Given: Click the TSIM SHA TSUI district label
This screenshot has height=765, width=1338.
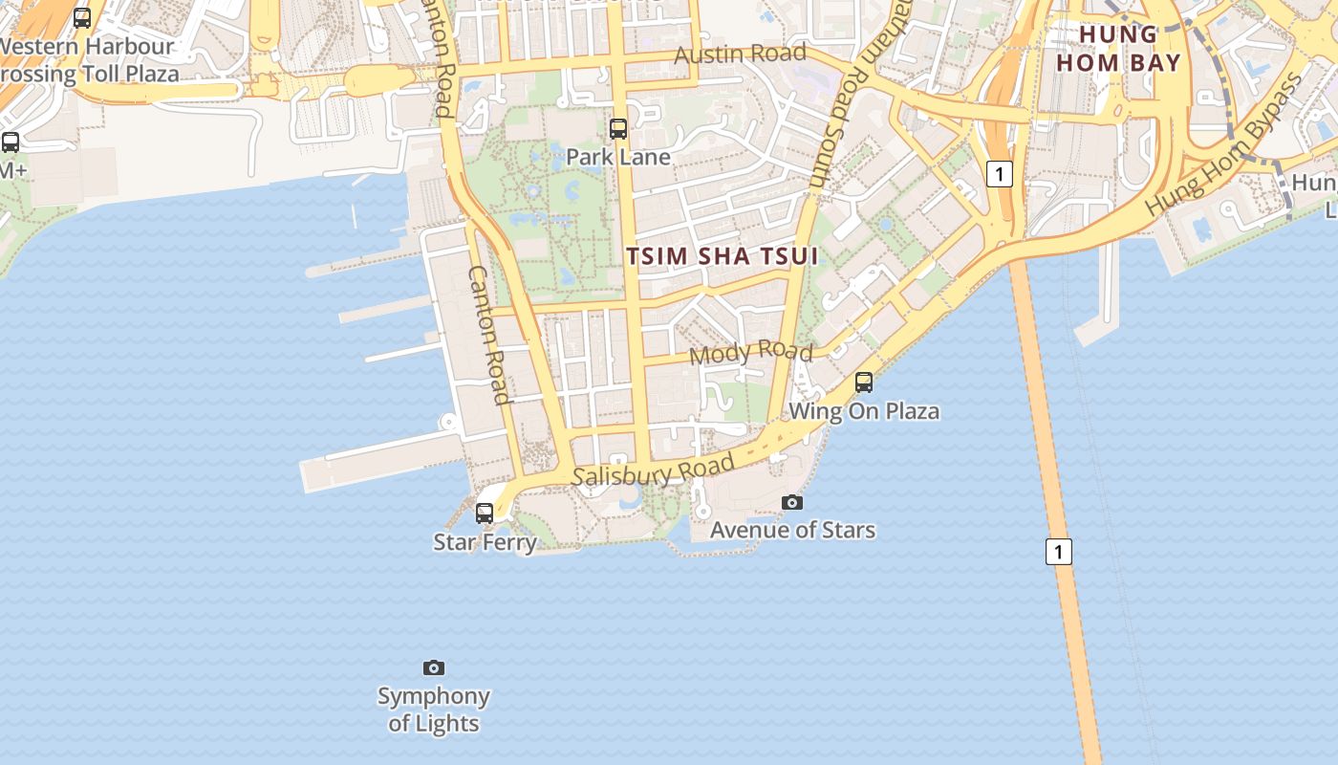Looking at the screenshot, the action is pyautogui.click(x=723, y=256).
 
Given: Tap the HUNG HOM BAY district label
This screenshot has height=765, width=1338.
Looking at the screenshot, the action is pyautogui.click(x=1131, y=49).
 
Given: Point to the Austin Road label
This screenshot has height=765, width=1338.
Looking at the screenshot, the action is pyautogui.click(x=740, y=54).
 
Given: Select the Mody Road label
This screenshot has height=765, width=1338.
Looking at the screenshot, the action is pyautogui.click(x=750, y=352).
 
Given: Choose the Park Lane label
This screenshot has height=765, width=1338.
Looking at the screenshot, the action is pyautogui.click(x=618, y=157).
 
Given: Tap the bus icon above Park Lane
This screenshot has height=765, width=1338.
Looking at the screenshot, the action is pyautogui.click(x=618, y=128).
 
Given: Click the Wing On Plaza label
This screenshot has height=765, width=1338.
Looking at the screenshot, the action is pyautogui.click(x=864, y=411).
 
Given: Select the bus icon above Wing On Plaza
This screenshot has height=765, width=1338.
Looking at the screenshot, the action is pyautogui.click(x=864, y=382).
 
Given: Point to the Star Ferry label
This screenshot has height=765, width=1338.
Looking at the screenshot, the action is pyautogui.click(x=485, y=542).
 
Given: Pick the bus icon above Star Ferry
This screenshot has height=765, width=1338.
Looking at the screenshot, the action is pyautogui.click(x=485, y=514).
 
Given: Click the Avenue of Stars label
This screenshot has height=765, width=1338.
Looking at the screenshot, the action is pyautogui.click(x=792, y=530).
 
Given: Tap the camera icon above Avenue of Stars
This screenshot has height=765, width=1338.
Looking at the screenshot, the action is pyautogui.click(x=792, y=502).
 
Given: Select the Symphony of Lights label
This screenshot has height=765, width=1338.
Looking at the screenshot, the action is pyautogui.click(x=434, y=710).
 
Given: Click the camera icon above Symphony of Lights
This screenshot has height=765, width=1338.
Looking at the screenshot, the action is pyautogui.click(x=434, y=667).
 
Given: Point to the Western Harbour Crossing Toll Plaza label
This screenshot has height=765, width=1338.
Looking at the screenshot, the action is pyautogui.click(x=88, y=59).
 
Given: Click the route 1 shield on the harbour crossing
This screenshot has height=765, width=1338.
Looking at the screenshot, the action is pyautogui.click(x=1058, y=552).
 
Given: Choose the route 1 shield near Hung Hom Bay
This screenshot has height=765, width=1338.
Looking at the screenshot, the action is pyautogui.click(x=999, y=174).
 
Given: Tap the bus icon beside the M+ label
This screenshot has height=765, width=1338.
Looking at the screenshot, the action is pyautogui.click(x=11, y=142).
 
